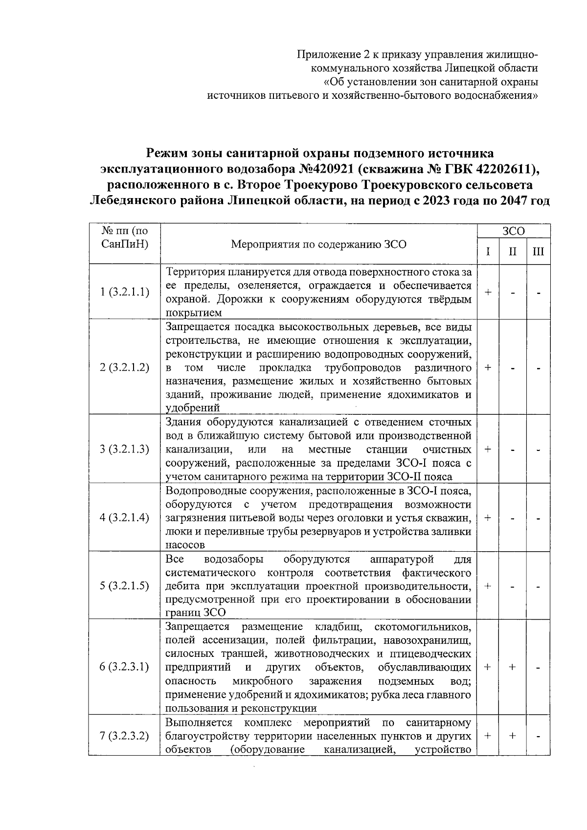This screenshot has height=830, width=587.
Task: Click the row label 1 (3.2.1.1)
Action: click(124, 292)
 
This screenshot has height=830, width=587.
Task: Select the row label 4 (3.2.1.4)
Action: click(124, 517)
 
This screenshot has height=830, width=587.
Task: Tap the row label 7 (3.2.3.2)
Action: click(124, 736)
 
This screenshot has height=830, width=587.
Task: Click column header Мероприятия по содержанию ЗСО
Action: click(318, 244)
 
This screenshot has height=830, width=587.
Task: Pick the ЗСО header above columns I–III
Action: click(513, 231)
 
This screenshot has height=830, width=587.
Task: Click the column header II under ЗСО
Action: click(512, 252)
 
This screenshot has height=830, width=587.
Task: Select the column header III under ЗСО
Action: click(538, 252)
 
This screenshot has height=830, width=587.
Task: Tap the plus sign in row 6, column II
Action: click(512, 667)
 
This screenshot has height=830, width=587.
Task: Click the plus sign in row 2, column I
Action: click(488, 367)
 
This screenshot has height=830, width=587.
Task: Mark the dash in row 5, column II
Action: click(512, 586)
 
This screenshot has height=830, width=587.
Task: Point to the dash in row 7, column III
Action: click(538, 736)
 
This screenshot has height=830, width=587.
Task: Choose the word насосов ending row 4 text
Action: click(184, 544)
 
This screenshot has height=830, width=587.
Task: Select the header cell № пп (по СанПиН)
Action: click(124, 237)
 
